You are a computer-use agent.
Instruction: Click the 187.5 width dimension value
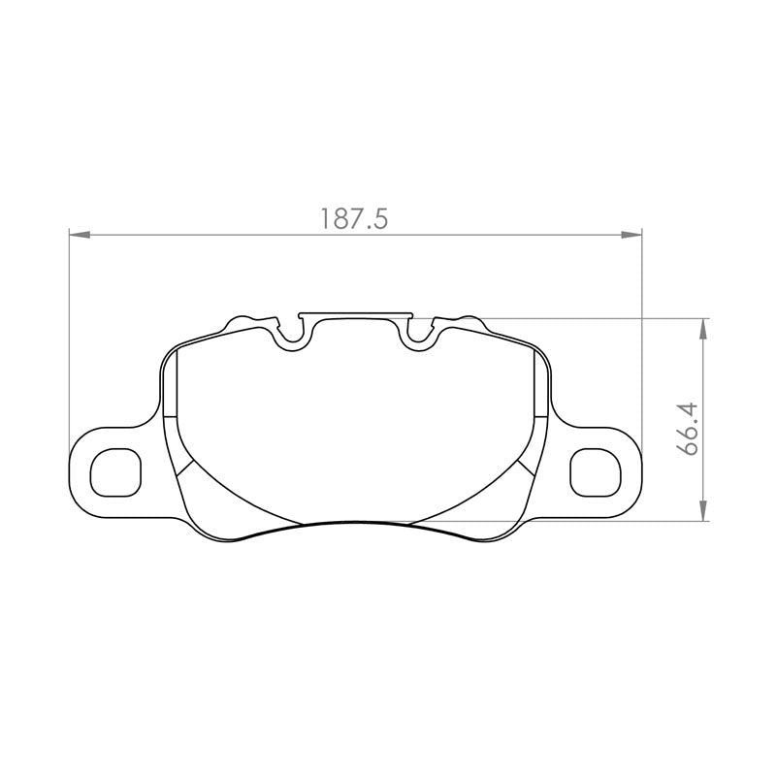[x=354, y=219]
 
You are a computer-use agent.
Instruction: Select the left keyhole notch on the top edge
[x=292, y=336]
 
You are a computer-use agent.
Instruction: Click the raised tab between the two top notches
[x=355, y=314]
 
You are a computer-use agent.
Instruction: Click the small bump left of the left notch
[x=240, y=320]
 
